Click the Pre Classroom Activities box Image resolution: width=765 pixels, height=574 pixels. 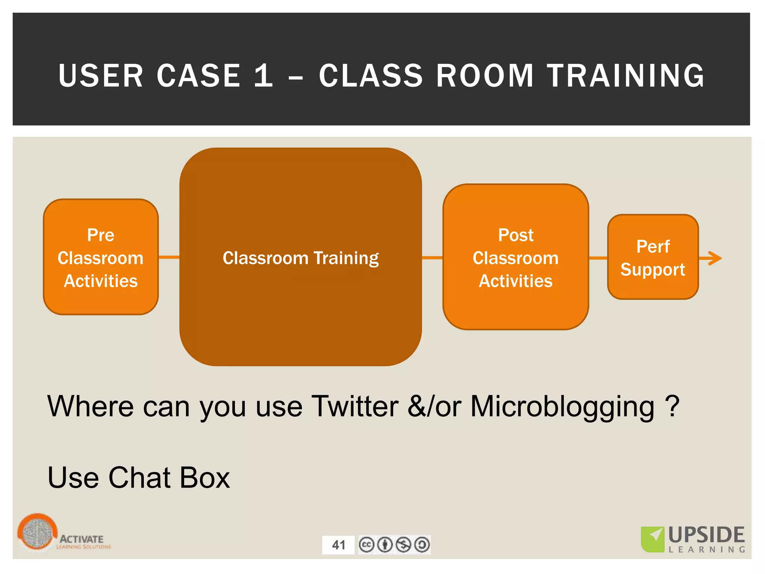(x=101, y=257)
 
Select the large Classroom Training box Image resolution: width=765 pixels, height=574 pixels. (x=301, y=257)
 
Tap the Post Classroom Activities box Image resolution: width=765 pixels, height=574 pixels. (x=515, y=257)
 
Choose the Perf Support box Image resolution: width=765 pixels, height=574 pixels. (x=653, y=257)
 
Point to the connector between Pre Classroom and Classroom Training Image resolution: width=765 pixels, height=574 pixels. (x=169, y=257)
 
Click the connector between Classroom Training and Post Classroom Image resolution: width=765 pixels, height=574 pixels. (x=432, y=257)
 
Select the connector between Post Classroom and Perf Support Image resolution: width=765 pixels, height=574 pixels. (x=598, y=257)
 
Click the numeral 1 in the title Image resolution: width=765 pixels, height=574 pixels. (x=263, y=76)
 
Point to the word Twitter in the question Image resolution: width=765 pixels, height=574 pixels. (x=355, y=406)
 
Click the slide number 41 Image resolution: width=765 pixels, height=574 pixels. (x=338, y=545)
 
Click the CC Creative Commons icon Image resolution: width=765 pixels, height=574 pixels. (x=366, y=544)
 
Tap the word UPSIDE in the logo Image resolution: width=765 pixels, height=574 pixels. (x=706, y=535)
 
